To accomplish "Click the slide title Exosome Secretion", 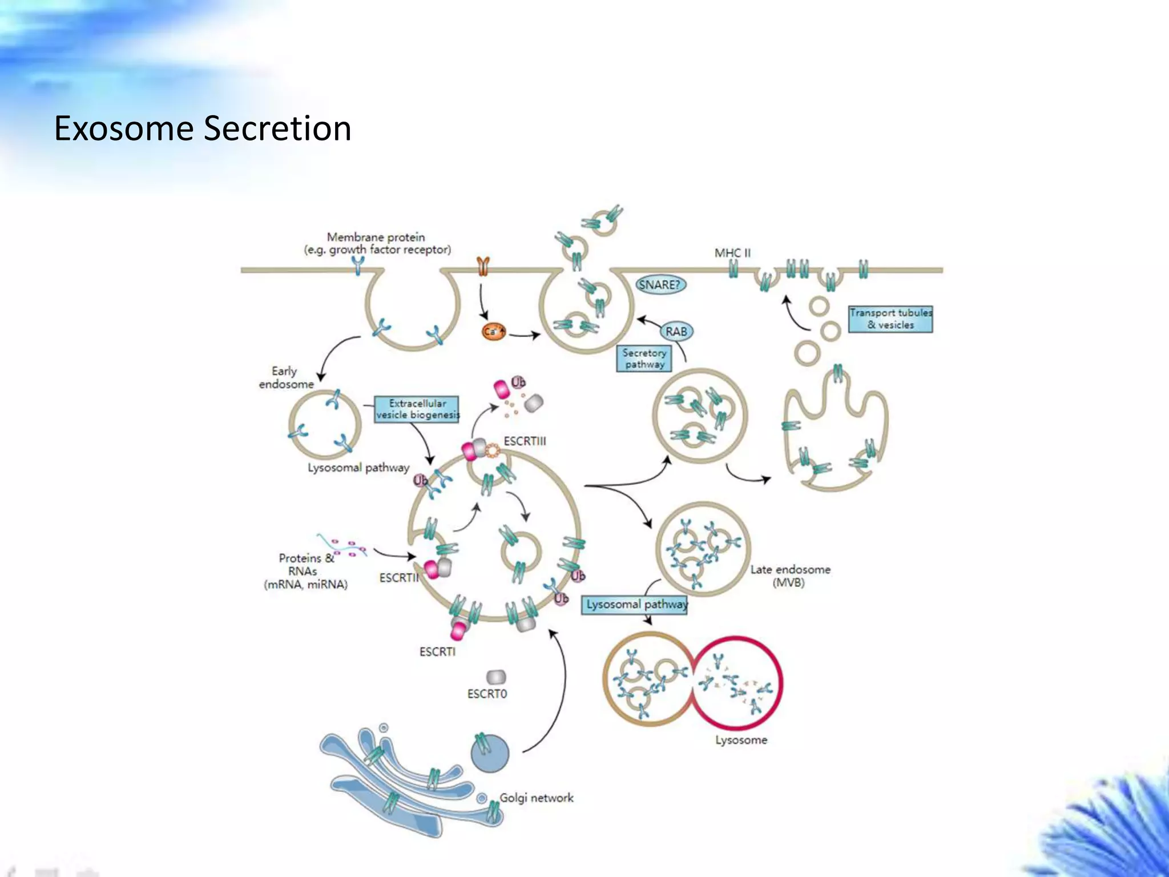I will [203, 128].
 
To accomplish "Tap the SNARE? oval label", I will [660, 284].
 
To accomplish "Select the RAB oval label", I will [676, 331].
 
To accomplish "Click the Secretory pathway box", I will [644, 359].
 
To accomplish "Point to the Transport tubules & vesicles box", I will [890, 319].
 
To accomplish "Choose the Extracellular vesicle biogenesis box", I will [417, 409].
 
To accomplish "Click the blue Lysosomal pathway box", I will [635, 604].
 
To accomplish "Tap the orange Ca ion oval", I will [494, 332].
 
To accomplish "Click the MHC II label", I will [732, 252].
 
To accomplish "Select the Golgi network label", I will [536, 798].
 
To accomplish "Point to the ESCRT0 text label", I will [487, 694].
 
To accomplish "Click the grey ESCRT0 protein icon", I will [496, 677].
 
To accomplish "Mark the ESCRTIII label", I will [525, 441].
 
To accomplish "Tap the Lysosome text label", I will [741, 740].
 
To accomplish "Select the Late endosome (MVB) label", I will [790, 576].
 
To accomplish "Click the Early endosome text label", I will [286, 377].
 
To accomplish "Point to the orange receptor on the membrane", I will [483, 265].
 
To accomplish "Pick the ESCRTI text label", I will [437, 651].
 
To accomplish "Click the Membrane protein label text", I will [377, 243].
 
